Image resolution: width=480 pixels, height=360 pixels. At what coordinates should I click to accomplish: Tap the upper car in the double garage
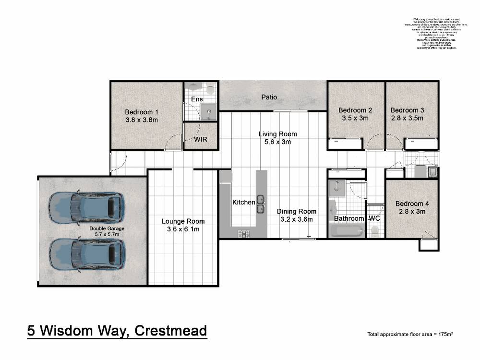point(87,207)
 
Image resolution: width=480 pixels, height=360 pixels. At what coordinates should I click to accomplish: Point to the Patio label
point(269,97)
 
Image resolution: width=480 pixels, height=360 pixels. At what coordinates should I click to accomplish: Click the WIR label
point(201,139)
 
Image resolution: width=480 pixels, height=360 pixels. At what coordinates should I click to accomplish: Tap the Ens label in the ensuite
point(197,99)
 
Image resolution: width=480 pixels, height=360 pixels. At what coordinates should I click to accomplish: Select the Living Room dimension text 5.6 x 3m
point(277,142)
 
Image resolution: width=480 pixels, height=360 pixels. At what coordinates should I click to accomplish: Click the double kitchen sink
point(260,204)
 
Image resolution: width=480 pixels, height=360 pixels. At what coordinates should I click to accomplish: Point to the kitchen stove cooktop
point(243,234)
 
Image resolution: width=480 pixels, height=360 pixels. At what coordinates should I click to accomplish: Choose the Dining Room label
point(297,211)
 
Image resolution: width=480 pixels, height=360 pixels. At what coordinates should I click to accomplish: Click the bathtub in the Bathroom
point(347,232)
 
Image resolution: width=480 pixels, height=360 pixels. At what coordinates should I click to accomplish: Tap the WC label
point(374,218)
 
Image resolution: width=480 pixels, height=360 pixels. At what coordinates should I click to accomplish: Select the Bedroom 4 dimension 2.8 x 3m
point(412,212)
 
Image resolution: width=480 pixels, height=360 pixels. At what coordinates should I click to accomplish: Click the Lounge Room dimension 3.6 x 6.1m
point(183,229)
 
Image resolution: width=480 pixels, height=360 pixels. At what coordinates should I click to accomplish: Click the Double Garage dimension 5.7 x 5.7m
point(107,235)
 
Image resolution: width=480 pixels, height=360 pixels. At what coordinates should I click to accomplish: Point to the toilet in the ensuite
point(194,87)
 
